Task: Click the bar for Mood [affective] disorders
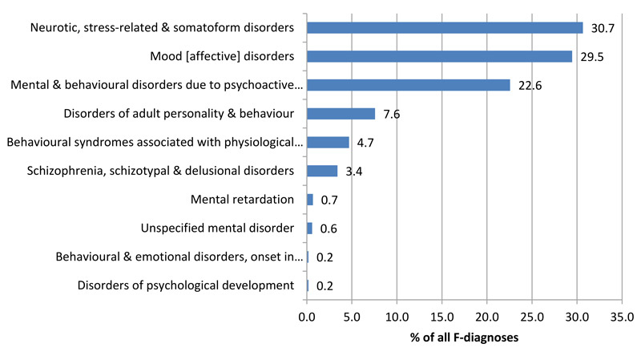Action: pyautogui.click(x=439, y=56)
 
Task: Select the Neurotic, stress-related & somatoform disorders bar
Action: pyautogui.click(x=445, y=27)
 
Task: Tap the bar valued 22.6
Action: pyautogui.click(x=408, y=85)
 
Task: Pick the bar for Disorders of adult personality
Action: pyautogui.click(x=341, y=114)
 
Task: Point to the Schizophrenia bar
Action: pyautogui.click(x=321, y=171)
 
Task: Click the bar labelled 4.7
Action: pyautogui.click(x=328, y=143)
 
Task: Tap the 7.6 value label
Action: pyautogui.click(x=392, y=115)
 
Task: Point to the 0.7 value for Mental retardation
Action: pyautogui.click(x=329, y=200)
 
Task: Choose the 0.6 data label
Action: pyautogui.click(x=329, y=229)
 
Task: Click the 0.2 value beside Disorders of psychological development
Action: pyautogui.click(x=325, y=286)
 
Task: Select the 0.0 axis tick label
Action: pyautogui.click(x=307, y=318)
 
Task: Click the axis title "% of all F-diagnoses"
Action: pyautogui.click(x=465, y=338)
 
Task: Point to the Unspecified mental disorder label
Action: pyautogui.click(x=217, y=229)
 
